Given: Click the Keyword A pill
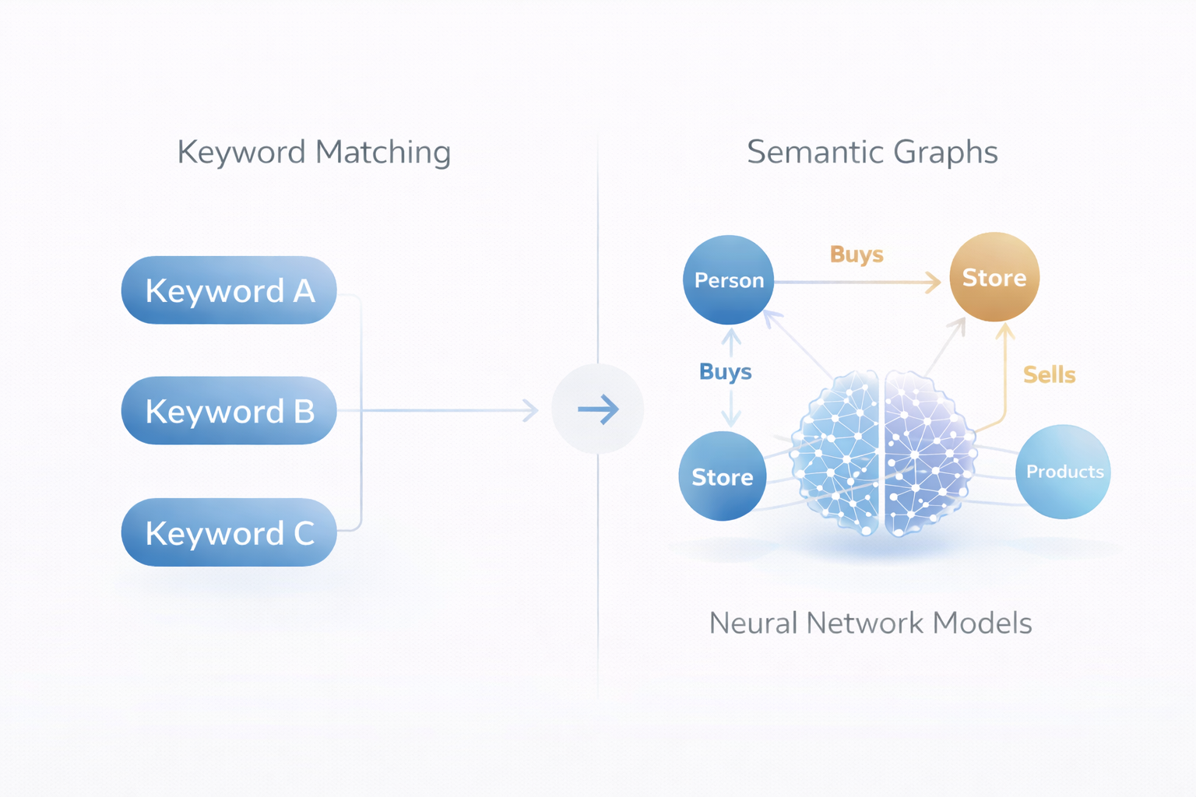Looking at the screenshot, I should click(x=228, y=290).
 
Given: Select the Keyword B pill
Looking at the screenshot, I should click(x=228, y=411).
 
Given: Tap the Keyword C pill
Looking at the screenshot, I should click(x=228, y=532).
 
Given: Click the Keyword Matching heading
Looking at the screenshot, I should click(x=314, y=153).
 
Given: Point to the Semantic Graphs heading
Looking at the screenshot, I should click(x=872, y=153).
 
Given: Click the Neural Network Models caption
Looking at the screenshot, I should click(x=871, y=623).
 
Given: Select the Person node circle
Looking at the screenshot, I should click(x=728, y=279).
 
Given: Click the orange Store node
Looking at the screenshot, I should click(x=994, y=277).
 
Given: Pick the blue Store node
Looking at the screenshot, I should click(x=723, y=476).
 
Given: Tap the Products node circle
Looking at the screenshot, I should click(x=1064, y=472).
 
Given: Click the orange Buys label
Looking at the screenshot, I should click(x=857, y=255).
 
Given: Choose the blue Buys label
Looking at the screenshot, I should click(x=725, y=372).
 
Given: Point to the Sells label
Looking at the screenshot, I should click(x=1049, y=375).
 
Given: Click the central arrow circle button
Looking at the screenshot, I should click(x=598, y=409).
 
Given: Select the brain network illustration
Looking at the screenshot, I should click(x=883, y=454).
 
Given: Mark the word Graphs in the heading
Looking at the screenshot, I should click(x=945, y=153).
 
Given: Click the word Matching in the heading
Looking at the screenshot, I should click(x=383, y=153).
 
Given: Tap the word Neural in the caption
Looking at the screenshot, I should click(x=754, y=623).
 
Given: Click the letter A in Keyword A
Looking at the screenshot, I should click(x=304, y=290).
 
